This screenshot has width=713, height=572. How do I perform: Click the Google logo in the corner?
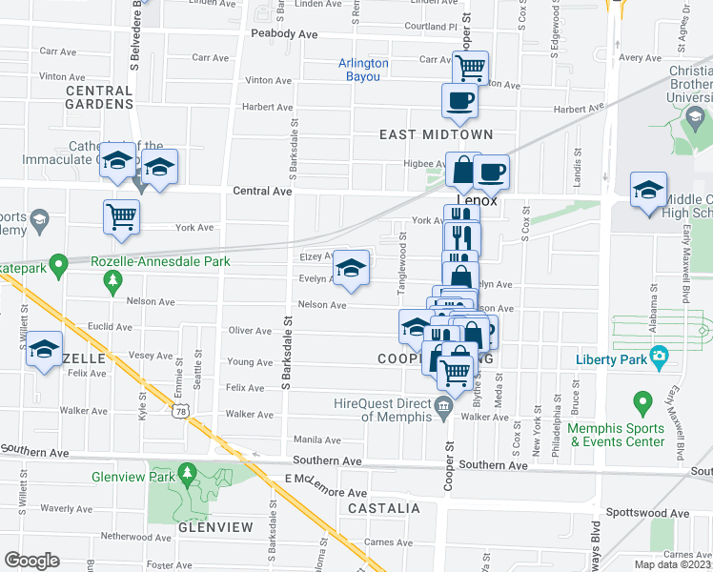(31, 560)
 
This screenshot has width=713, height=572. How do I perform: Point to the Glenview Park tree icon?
(188, 472)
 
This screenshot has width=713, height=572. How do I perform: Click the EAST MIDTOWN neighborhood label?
(437, 134)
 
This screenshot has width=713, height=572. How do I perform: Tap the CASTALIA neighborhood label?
(383, 508)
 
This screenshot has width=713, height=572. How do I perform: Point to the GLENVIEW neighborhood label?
(214, 527)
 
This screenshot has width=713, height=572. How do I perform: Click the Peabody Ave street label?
(284, 33)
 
